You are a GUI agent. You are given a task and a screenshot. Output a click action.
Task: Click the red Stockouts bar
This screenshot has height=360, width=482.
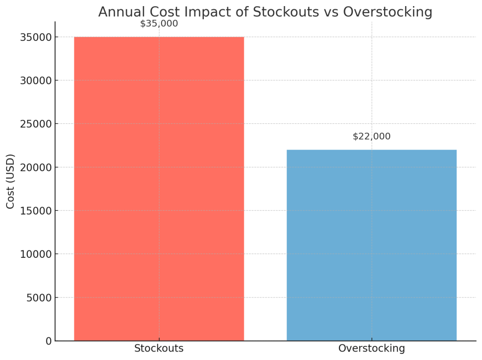159,188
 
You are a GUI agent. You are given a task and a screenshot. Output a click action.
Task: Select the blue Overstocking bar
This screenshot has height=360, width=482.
371,245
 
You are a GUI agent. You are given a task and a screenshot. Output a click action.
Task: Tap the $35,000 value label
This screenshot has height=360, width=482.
159,24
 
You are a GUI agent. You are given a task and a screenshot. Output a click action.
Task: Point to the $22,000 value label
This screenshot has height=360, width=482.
371,136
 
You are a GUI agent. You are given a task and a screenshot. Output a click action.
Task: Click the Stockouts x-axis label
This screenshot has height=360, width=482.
159,349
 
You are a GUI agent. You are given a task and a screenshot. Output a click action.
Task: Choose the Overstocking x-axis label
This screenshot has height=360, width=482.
371,349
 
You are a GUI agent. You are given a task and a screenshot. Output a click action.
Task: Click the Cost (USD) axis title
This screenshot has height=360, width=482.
10,181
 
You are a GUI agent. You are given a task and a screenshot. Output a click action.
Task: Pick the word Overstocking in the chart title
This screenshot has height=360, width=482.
387,12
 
